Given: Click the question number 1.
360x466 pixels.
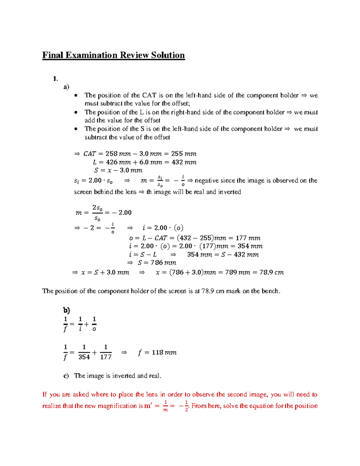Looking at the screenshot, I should pos(55,79).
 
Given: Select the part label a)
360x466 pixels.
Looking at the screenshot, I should pos(66,87).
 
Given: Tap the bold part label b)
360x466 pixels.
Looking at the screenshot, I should pos(66,310).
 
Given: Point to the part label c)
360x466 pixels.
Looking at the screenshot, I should pos(66,376).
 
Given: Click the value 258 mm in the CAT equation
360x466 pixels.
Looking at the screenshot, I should pos(118,154).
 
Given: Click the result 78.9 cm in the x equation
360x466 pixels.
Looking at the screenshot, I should pos(271,272).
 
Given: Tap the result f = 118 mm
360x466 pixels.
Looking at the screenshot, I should pos(157,352).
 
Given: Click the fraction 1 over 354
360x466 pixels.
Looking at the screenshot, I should pos(84,352).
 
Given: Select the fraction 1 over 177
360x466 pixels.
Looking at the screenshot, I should pos(106,352).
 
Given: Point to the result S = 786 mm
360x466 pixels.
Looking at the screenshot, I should pos(157,263).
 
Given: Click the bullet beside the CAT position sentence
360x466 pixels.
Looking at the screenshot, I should pos(76,95).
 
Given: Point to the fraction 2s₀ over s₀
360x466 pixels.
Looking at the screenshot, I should pos(97,213).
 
